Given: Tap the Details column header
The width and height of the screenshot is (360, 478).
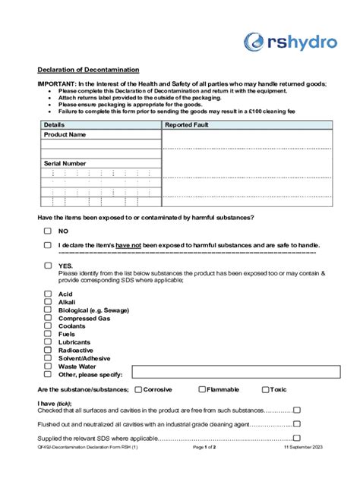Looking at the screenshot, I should [54, 124].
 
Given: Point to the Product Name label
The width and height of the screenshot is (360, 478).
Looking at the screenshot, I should [65, 134].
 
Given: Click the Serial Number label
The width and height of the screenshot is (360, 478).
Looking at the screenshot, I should [65, 163].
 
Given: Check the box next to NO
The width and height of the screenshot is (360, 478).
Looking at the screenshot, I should [47, 231].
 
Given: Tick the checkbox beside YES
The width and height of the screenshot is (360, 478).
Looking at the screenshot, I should [47, 266].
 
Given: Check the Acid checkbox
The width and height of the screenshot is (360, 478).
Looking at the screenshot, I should [47, 294].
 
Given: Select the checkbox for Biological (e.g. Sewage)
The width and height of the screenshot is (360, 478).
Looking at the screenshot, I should [47, 310].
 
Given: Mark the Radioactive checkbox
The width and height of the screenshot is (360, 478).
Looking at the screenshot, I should [47, 350].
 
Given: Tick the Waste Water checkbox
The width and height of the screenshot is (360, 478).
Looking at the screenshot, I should [47, 366].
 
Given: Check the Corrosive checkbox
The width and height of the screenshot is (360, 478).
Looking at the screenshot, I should [138, 389].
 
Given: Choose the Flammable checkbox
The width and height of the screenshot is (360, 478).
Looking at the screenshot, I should [202, 389].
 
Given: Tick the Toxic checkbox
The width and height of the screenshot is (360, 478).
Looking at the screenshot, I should [265, 389].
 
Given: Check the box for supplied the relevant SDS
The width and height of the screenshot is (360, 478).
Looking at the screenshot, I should [297, 438].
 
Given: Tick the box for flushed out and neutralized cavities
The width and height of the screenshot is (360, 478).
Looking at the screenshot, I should [297, 423].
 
